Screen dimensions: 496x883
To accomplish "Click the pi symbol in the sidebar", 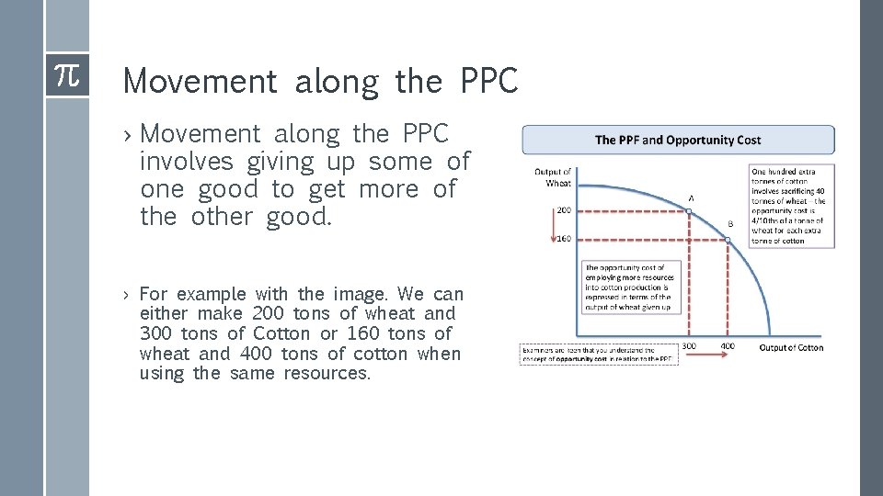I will coord(66,74).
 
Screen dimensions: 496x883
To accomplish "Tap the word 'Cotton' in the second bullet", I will coord(281,333).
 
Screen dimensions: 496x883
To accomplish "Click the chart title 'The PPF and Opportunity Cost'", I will coord(678,140).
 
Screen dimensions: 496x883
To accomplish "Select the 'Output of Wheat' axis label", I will coord(552,177).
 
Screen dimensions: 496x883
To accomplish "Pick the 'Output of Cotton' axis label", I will coord(791,347).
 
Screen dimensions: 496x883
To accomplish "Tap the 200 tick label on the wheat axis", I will coord(563,210).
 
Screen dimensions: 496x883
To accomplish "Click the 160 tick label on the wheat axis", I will coord(563,240).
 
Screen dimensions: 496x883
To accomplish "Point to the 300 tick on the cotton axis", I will coord(689,347).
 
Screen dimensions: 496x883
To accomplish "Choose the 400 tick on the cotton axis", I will coord(727,347).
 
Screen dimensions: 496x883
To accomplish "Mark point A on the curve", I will coord(689,211).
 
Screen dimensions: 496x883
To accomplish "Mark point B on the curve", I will coord(727,240).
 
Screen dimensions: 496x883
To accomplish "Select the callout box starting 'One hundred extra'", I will coord(792,206).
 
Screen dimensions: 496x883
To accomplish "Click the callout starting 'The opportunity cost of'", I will coord(629,287).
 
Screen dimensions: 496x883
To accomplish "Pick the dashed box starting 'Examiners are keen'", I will coord(600,354).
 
